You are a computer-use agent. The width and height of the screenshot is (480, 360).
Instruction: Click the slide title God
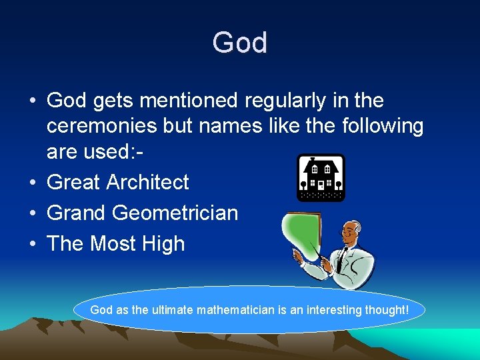[x=240, y=43]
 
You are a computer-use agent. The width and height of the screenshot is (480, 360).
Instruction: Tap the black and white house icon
[x=321, y=177]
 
